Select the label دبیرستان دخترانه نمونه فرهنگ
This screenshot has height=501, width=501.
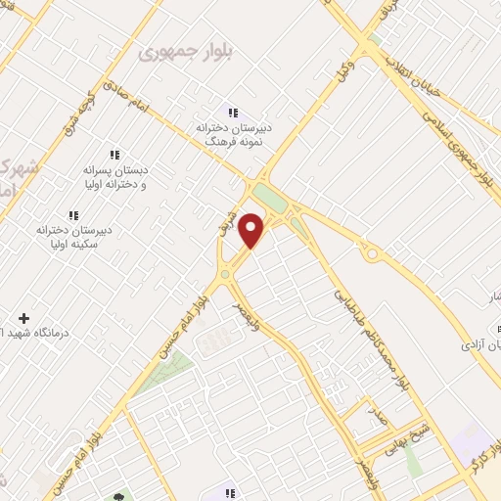[x=232, y=134]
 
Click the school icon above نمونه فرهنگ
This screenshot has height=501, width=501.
[x=232, y=111]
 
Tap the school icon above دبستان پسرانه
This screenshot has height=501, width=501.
[x=114, y=155]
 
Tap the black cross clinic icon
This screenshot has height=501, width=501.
[x=23, y=319]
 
